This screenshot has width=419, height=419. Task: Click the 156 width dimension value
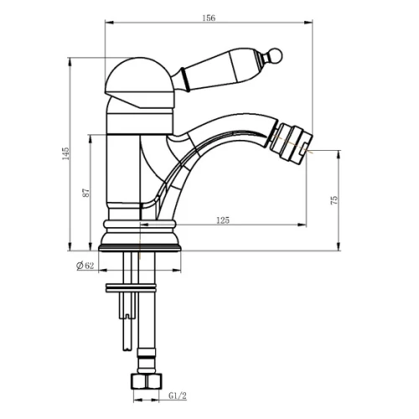[x=209, y=18]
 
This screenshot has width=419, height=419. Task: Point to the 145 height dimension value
[x=65, y=153]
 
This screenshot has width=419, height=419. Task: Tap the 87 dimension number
[x=86, y=193]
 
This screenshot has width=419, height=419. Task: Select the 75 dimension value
[x=334, y=200]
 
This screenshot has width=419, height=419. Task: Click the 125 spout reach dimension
[x=223, y=220]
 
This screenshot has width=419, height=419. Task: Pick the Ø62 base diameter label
[x=85, y=266]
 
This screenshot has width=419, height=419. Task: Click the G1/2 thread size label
[x=178, y=396]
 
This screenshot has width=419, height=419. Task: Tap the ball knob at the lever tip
[x=275, y=55]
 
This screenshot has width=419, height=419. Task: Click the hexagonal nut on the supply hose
[x=147, y=381]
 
